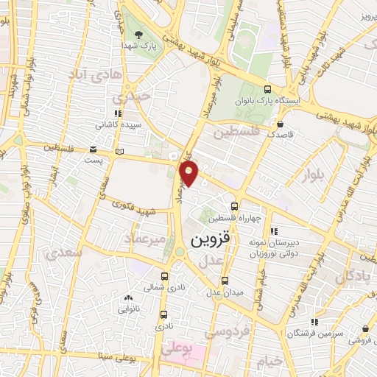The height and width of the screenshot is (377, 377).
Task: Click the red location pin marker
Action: click(189, 174)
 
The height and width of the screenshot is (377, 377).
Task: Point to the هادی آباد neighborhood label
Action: click(89, 75)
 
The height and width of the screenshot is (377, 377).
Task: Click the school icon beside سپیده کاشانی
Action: click(118, 113)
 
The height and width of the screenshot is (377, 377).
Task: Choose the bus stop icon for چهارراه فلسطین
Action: click(234, 206)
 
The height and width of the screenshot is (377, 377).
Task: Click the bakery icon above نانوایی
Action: click(127, 298)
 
